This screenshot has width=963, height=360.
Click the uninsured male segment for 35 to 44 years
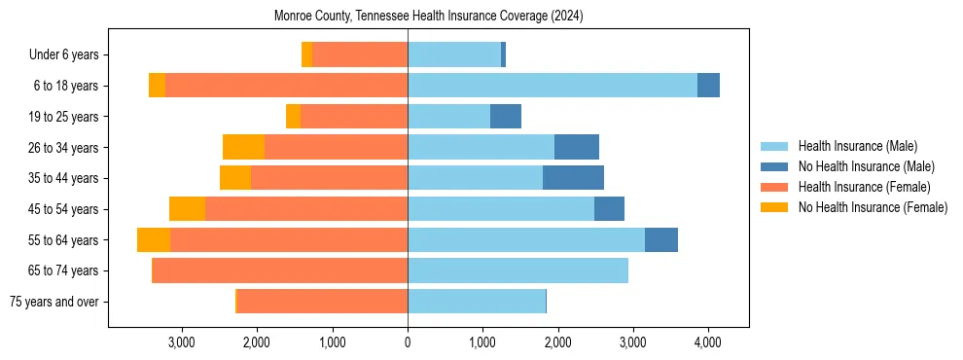pos(573,178)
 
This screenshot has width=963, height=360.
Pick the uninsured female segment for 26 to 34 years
pos(243,147)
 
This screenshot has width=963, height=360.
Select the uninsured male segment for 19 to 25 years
pos(506,117)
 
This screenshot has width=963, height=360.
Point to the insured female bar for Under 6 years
pos(360,54)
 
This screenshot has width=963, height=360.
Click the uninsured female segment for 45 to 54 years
pos(187,209)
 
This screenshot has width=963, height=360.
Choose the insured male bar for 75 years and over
pos(477,302)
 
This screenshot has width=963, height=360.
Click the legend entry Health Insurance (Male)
pos(857,146)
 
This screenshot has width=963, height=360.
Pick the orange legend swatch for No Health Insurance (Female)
pos(774,207)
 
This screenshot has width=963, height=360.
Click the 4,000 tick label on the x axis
pos(708,342)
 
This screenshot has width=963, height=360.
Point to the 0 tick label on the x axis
pos(408,342)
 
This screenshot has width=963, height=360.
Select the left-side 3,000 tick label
pos(182,342)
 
